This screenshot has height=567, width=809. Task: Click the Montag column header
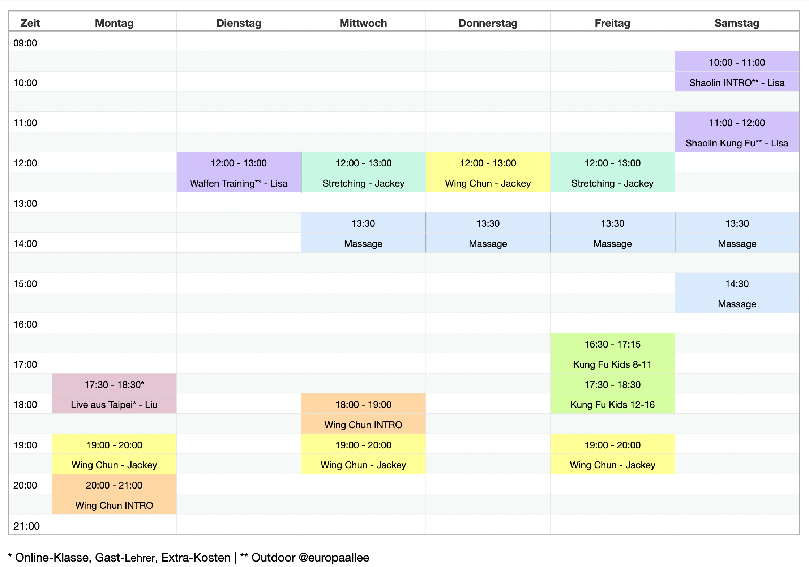[114, 23]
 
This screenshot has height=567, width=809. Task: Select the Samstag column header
[737, 23]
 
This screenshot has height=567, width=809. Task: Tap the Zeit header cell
[30, 23]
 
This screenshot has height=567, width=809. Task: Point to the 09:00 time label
[25, 43]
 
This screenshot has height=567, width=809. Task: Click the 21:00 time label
[26, 526]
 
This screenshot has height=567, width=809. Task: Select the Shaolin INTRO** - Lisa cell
[737, 83]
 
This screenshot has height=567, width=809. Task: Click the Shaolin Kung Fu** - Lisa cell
[737, 143]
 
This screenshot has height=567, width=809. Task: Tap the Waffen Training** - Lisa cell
[239, 183]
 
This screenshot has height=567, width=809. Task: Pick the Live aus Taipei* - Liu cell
[114, 405]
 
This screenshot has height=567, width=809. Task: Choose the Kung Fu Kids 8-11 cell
[612, 364]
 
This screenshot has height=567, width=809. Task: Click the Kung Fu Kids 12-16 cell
[612, 405]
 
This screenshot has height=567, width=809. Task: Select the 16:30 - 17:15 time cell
[612, 344]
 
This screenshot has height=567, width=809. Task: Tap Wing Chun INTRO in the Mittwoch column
[363, 425]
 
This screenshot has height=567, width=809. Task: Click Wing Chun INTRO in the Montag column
[114, 506]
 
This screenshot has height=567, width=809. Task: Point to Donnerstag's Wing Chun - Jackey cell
[488, 183]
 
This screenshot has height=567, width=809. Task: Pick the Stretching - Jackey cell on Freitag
[612, 183]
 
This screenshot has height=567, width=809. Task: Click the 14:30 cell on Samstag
[737, 284]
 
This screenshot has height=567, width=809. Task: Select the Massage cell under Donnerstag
[488, 244]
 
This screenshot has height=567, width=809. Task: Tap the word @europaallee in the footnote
[334, 558]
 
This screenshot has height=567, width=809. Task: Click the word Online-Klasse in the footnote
[52, 558]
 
